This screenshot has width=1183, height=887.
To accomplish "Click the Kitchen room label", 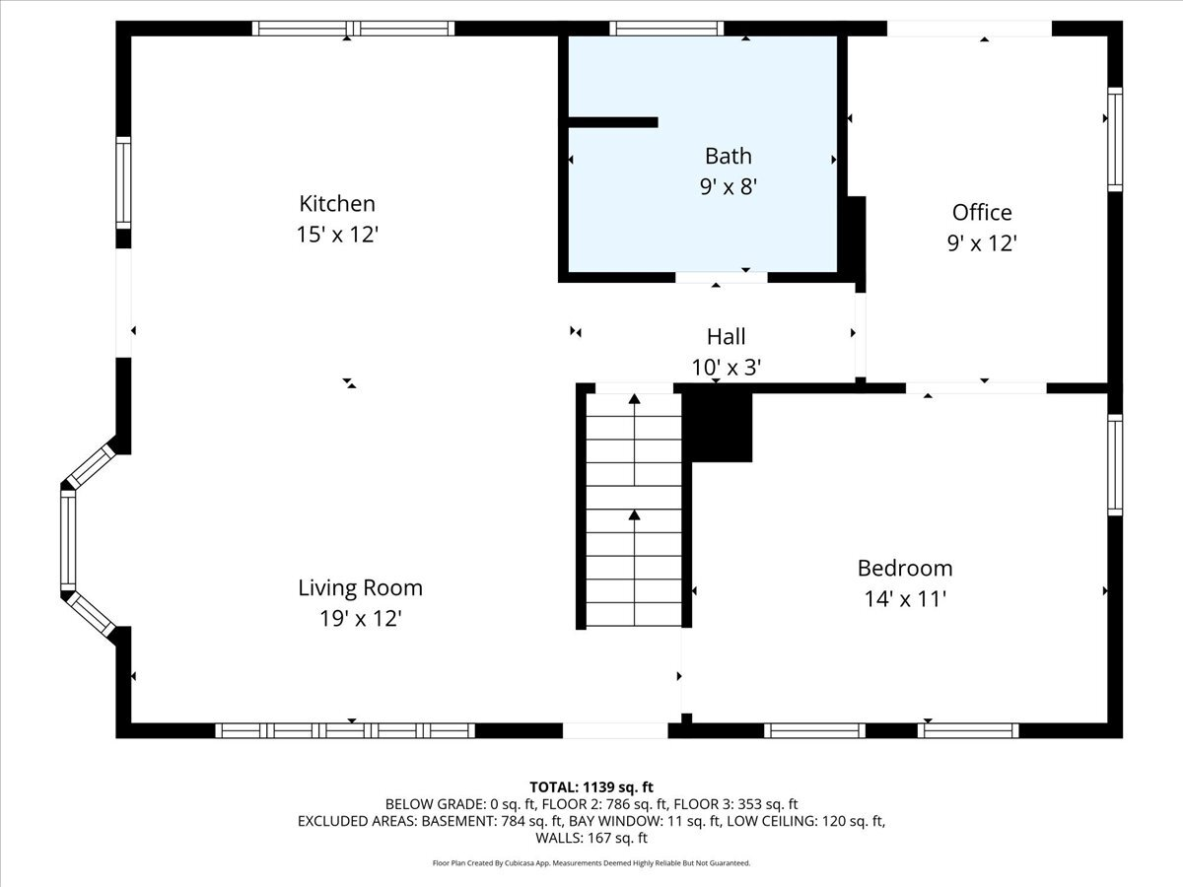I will (x=337, y=204).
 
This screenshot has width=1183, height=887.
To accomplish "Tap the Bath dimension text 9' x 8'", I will (x=729, y=186).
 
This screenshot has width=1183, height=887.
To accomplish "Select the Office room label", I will (x=982, y=212).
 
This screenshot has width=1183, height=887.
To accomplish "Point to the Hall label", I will (x=727, y=336).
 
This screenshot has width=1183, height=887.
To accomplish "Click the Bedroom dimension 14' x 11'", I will (x=904, y=598).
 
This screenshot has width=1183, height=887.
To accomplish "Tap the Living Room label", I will (x=360, y=588).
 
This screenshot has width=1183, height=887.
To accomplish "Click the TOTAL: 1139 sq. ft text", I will (x=591, y=786).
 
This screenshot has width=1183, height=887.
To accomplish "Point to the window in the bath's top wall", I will (x=666, y=29).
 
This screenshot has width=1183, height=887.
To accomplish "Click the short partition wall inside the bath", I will (x=612, y=122).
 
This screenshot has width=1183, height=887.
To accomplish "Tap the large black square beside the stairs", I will (x=719, y=425).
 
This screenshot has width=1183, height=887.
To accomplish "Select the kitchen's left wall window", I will (x=123, y=183).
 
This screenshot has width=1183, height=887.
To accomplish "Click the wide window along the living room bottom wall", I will (x=345, y=730).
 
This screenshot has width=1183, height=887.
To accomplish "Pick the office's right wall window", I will (x=1115, y=139).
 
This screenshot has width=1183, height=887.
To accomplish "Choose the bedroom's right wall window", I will (x=1115, y=464).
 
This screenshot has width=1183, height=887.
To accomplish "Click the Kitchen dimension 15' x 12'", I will (x=337, y=236).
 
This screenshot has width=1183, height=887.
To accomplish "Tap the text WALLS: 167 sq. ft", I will (x=591, y=839).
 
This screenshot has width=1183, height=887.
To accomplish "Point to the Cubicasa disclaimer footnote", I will (x=591, y=863).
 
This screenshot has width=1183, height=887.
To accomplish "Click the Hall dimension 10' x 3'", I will (x=727, y=367).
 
